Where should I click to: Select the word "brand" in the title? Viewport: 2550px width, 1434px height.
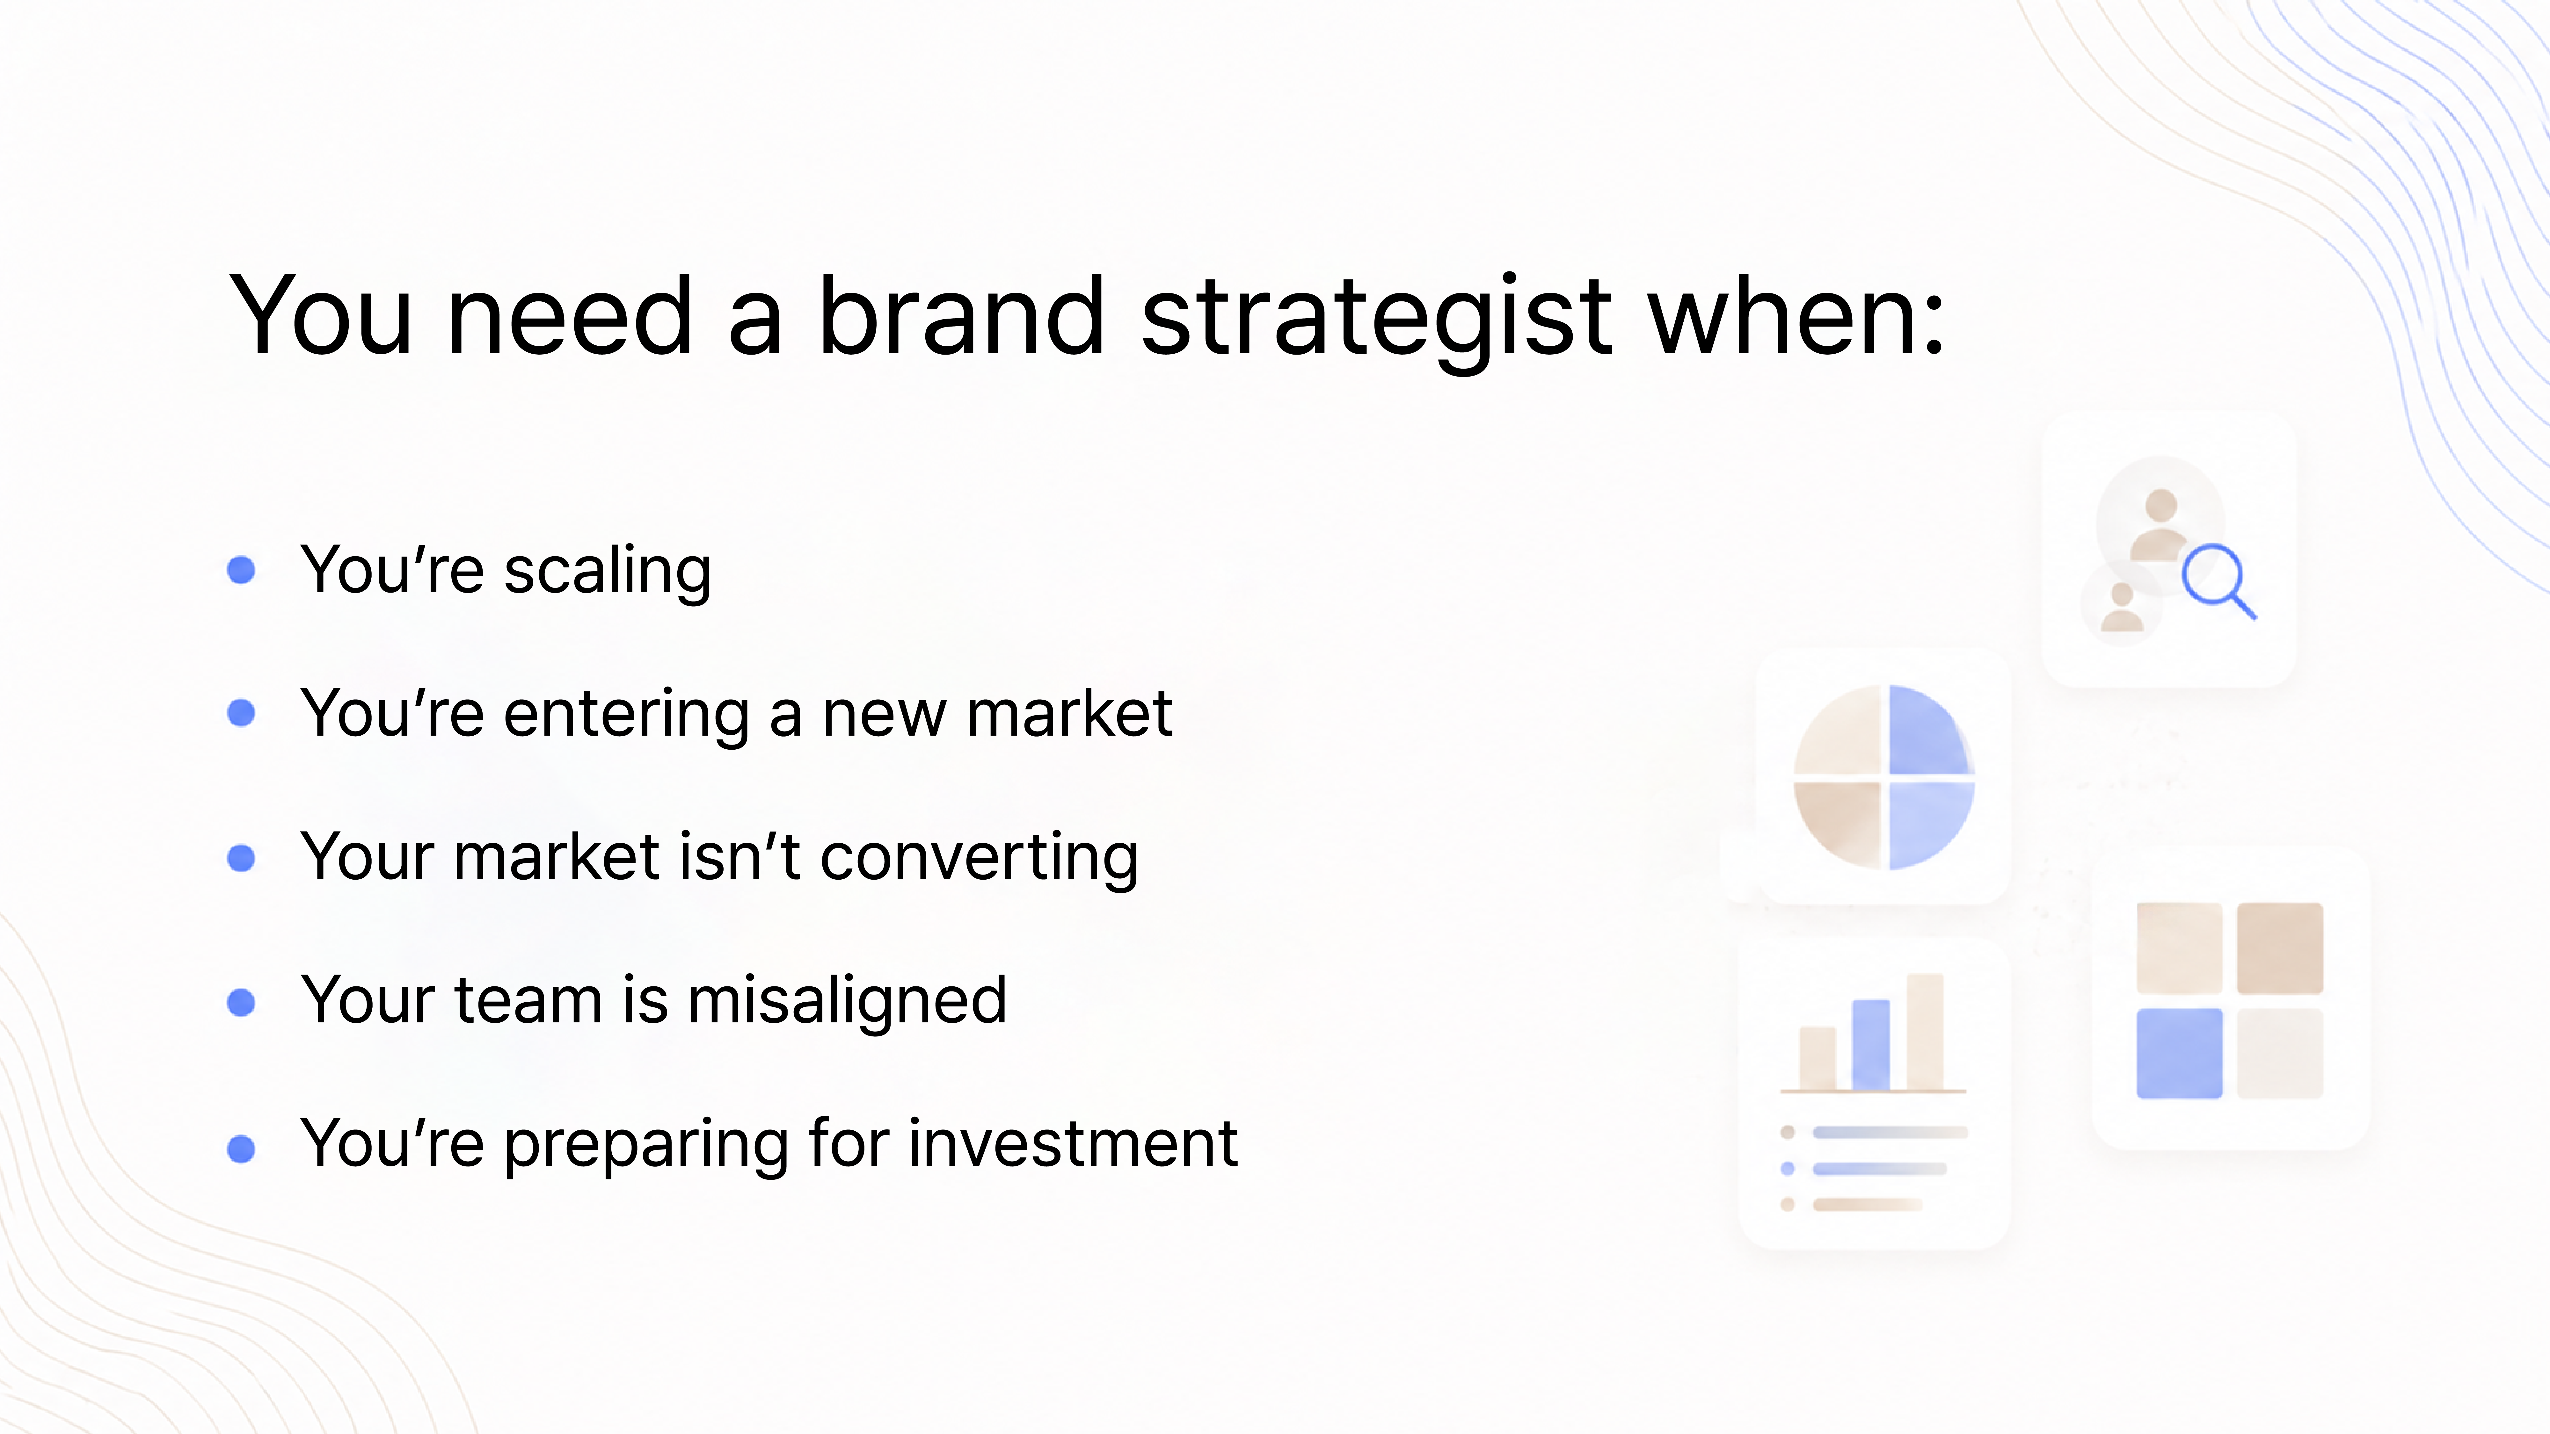coord(961,315)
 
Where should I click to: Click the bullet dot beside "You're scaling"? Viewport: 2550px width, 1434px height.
coord(241,570)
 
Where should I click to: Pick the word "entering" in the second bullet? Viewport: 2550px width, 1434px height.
coord(627,715)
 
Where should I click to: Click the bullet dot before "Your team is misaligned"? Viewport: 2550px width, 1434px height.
coord(241,1003)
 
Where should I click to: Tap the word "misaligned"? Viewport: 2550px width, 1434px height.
coord(847,1000)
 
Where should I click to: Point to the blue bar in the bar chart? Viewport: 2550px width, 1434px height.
coord(1870,1044)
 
